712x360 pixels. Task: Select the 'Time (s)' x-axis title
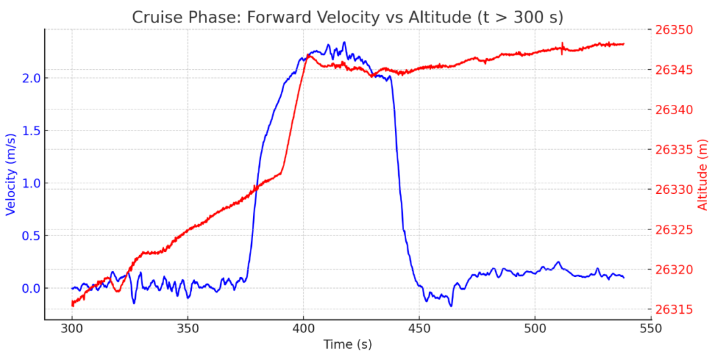[x=347, y=344]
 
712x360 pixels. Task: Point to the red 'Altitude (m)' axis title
[x=702, y=175]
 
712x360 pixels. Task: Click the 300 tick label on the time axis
[x=72, y=328]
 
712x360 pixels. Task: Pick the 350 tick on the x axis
[x=188, y=328]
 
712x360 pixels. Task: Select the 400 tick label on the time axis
[x=303, y=328]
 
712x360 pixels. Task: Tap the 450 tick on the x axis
[x=419, y=328]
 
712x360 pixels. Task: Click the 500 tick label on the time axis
[x=535, y=328]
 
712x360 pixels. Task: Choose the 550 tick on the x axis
[x=651, y=328]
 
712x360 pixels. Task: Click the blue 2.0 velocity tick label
[x=30, y=78]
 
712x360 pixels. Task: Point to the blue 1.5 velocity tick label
[x=30, y=131]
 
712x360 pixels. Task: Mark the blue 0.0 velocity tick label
[x=30, y=288]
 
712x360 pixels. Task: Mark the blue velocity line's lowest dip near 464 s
[x=451, y=306]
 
